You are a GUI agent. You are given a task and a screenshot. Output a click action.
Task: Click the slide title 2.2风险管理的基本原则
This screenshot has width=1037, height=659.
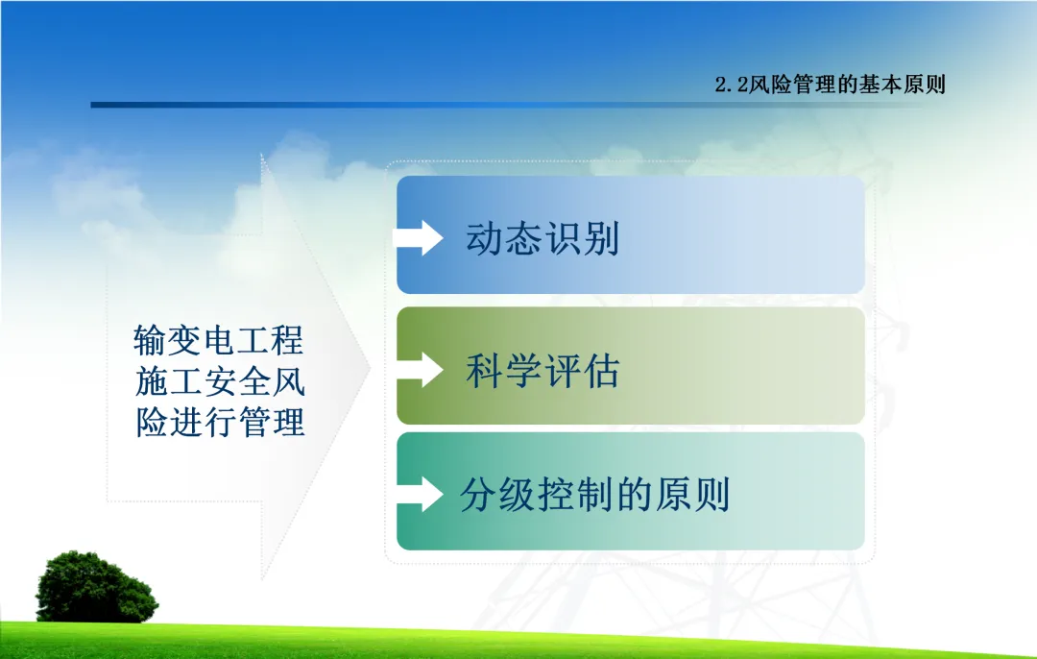pyautogui.click(x=830, y=84)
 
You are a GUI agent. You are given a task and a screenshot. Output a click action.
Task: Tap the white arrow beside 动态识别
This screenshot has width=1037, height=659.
pyautogui.click(x=418, y=237)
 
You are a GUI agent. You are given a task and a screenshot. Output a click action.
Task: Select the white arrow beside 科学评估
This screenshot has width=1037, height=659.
pyautogui.click(x=420, y=370)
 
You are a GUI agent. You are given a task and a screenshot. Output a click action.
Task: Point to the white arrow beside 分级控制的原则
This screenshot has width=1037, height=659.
pyautogui.click(x=420, y=494)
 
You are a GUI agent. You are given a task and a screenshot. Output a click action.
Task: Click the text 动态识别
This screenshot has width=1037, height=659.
pyautogui.click(x=543, y=238)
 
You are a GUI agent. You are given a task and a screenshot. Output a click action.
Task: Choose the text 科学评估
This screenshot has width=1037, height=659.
pyautogui.click(x=543, y=371)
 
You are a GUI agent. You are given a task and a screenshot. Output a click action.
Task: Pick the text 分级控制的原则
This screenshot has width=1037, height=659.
pyautogui.click(x=595, y=494)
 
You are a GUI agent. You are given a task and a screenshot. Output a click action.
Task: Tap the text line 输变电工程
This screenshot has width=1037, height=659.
pyautogui.click(x=218, y=341)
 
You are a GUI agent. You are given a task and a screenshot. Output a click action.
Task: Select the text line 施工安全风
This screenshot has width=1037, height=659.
pyautogui.click(x=220, y=381)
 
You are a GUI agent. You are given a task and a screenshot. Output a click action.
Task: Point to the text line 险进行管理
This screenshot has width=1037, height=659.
pyautogui.click(x=220, y=422)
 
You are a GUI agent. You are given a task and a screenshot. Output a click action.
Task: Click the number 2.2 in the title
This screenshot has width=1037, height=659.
pyautogui.click(x=732, y=85)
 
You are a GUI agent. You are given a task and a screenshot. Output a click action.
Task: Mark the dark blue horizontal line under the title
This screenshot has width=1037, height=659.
pyautogui.click(x=509, y=105)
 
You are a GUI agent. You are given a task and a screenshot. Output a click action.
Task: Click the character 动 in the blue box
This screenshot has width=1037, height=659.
pyautogui.click(x=485, y=238)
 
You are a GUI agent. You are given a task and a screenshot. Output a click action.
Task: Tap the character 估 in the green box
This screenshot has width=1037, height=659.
pyautogui.click(x=600, y=371)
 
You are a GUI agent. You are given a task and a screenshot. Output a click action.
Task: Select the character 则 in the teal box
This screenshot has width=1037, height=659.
pyautogui.click(x=711, y=494)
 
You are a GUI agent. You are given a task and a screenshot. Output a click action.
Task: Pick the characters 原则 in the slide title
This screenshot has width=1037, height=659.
pyautogui.click(x=924, y=84)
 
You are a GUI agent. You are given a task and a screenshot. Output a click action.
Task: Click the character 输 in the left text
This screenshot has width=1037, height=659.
pyautogui.click(x=150, y=341)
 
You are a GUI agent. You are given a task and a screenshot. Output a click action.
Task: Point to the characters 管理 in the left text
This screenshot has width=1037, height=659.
pyautogui.click(x=271, y=422)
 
